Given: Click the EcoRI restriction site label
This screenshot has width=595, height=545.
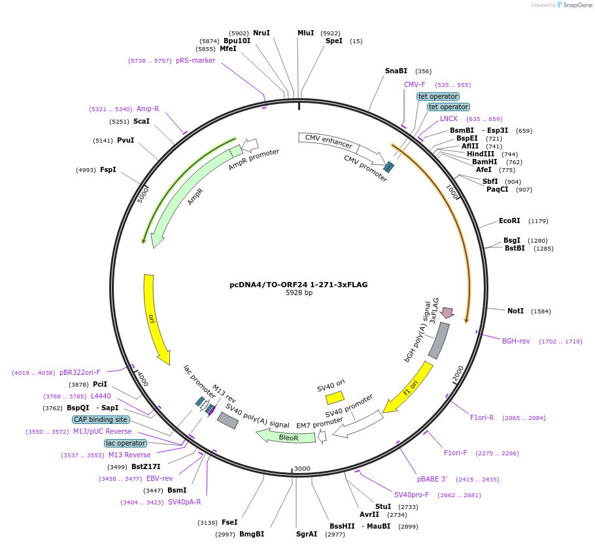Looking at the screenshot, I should [509, 221].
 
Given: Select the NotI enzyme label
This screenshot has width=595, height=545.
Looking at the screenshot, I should [515, 311].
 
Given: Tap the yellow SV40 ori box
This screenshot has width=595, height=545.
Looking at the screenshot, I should [335, 397].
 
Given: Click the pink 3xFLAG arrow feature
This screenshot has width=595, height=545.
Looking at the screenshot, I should [447, 313].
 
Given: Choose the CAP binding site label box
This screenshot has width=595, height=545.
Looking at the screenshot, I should [100, 419].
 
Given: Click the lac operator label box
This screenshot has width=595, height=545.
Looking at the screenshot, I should [126, 443].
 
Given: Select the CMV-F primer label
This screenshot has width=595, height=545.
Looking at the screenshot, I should [415, 84].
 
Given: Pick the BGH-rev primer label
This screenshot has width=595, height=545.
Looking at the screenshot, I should [516, 341].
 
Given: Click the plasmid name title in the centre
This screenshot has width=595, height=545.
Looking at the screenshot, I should [299, 285].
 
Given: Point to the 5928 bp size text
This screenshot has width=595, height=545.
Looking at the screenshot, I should [299, 292].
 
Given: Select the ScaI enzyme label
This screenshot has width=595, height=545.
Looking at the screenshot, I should [141, 121].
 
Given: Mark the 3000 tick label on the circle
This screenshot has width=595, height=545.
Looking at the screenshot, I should [302, 468].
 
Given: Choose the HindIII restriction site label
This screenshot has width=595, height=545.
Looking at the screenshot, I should [481, 154].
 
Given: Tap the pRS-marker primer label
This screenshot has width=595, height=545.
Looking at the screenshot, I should [195, 60].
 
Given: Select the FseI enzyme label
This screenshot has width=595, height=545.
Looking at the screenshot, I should [229, 522].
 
